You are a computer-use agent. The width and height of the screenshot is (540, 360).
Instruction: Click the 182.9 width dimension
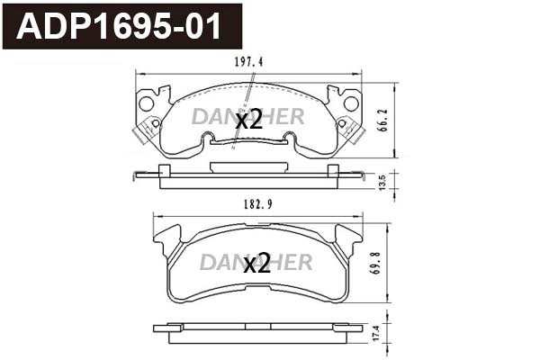coord(257,205)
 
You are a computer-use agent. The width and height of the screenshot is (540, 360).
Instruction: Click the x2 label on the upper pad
coord(248,120)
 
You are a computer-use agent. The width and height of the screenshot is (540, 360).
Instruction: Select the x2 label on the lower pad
coord(257,263)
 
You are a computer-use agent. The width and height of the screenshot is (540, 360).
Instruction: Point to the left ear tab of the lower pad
coord(167,239)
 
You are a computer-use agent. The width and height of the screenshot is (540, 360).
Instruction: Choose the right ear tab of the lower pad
coord(347,239)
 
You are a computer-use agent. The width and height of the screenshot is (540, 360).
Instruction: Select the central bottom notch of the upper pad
coord(247,140)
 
